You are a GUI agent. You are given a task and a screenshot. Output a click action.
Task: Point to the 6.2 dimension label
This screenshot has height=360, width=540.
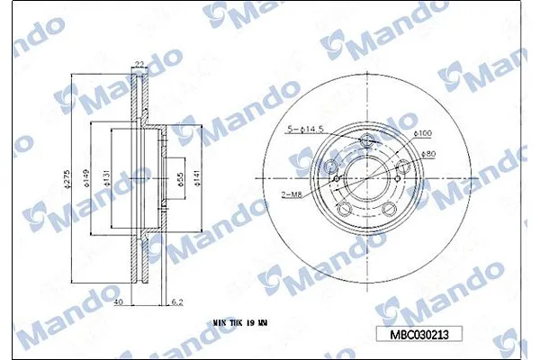coord(177,302)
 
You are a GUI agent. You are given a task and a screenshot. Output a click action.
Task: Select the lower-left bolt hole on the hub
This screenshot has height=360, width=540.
coord(345,210)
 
